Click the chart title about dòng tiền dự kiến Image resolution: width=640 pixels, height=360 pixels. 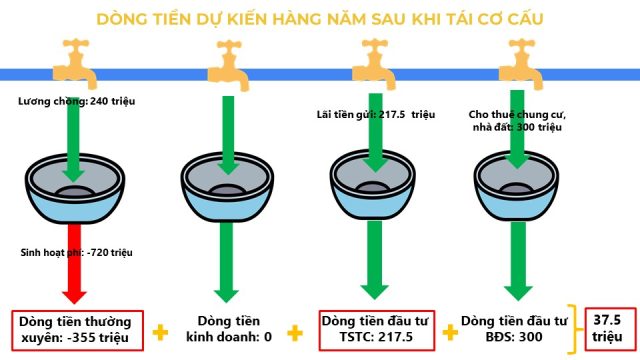pyautogui.click(x=320, y=19)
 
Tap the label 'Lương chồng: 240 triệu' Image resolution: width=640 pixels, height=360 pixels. pyautogui.click(x=76, y=101)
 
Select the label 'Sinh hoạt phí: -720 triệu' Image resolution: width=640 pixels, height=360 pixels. pyautogui.click(x=76, y=252)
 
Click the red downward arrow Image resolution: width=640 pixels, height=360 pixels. pyautogui.click(x=74, y=263)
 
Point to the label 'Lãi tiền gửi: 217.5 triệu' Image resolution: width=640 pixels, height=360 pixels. pyautogui.click(x=376, y=114)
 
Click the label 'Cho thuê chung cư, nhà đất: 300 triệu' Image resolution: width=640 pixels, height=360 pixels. pyautogui.click(x=517, y=120)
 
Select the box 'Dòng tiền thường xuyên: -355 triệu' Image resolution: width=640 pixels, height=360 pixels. pyautogui.click(x=78, y=331)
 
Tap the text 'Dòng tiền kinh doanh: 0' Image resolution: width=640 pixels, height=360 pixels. pyautogui.click(x=229, y=329)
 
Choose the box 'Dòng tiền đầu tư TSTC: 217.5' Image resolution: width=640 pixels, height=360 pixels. pyautogui.click(x=377, y=330)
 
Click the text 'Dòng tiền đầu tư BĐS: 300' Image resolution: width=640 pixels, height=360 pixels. pyautogui.click(x=514, y=329)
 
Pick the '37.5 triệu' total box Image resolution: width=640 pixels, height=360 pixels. pyautogui.click(x=611, y=329)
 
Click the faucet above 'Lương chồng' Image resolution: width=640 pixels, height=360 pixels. pyautogui.click(x=76, y=63)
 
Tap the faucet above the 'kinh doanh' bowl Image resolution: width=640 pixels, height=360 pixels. pyautogui.click(x=229, y=65)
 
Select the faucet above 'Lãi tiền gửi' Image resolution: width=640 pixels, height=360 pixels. pyautogui.click(x=374, y=64)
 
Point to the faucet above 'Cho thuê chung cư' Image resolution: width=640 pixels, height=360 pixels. pyautogui.click(x=521, y=64)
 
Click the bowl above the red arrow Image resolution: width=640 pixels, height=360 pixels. pyautogui.click(x=75, y=189)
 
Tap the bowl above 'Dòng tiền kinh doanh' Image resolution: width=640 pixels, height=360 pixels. pyautogui.click(x=227, y=187)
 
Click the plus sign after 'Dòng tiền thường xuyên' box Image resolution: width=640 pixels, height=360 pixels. pyautogui.click(x=160, y=332)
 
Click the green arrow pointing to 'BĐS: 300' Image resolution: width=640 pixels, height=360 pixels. pyautogui.click(x=518, y=261)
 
